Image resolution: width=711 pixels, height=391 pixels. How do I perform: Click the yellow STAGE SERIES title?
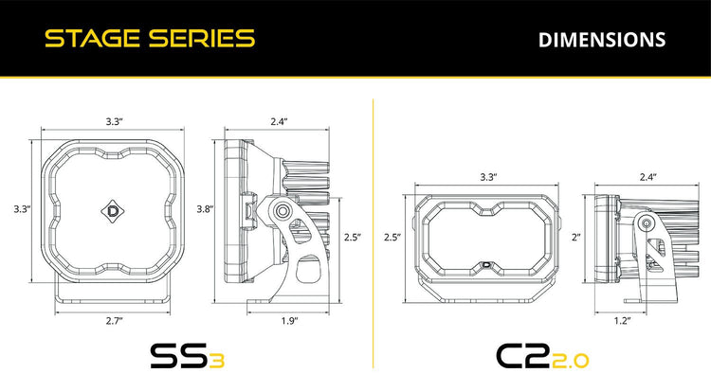coord(150,39)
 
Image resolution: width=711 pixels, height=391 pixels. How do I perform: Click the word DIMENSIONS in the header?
coord(602,40)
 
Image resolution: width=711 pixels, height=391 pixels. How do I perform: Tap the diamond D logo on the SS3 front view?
coord(113,211)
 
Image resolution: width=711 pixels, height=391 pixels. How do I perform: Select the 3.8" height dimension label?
coord(205,209)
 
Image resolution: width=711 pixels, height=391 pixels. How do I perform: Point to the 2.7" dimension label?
coord(115,321)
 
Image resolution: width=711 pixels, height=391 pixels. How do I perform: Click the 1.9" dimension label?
coord(289,321)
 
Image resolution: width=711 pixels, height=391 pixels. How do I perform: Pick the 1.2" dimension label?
coord(623,321)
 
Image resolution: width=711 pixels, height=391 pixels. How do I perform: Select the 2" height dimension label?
coord(576,237)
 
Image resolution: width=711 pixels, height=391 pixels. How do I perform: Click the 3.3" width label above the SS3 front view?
coord(115,121)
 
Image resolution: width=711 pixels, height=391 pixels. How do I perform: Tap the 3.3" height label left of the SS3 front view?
coord(22,209)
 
